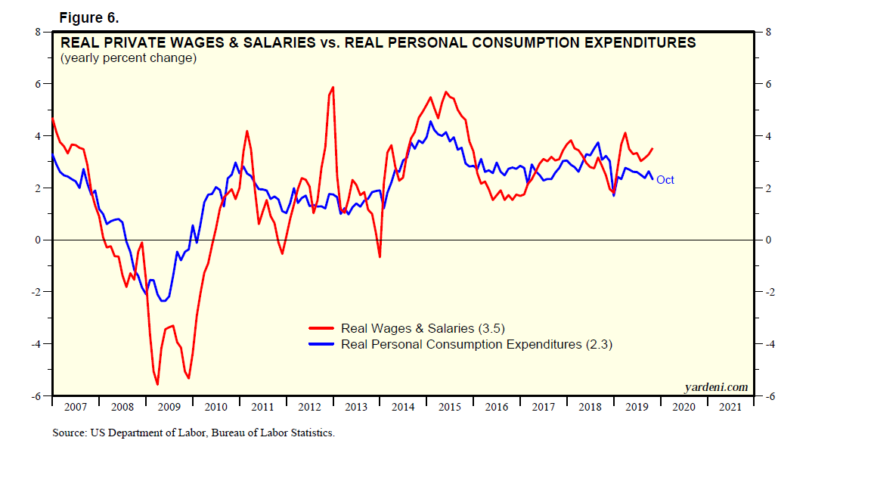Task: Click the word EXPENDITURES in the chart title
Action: point(634,43)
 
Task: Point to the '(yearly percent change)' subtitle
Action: point(128,57)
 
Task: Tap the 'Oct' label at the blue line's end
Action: point(665,180)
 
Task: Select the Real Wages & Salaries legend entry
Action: point(422,328)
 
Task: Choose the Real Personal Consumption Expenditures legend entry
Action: point(476,344)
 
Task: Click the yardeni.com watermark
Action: point(715,387)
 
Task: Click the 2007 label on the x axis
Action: point(75,407)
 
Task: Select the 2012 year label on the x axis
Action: point(309,407)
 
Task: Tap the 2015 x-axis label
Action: point(449,407)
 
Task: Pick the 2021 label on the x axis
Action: point(730,407)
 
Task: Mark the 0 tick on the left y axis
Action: point(38,240)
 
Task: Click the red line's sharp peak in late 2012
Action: point(333,87)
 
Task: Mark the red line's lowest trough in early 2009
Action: point(157,385)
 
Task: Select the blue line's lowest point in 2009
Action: point(164,301)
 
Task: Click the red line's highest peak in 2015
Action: point(446,92)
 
